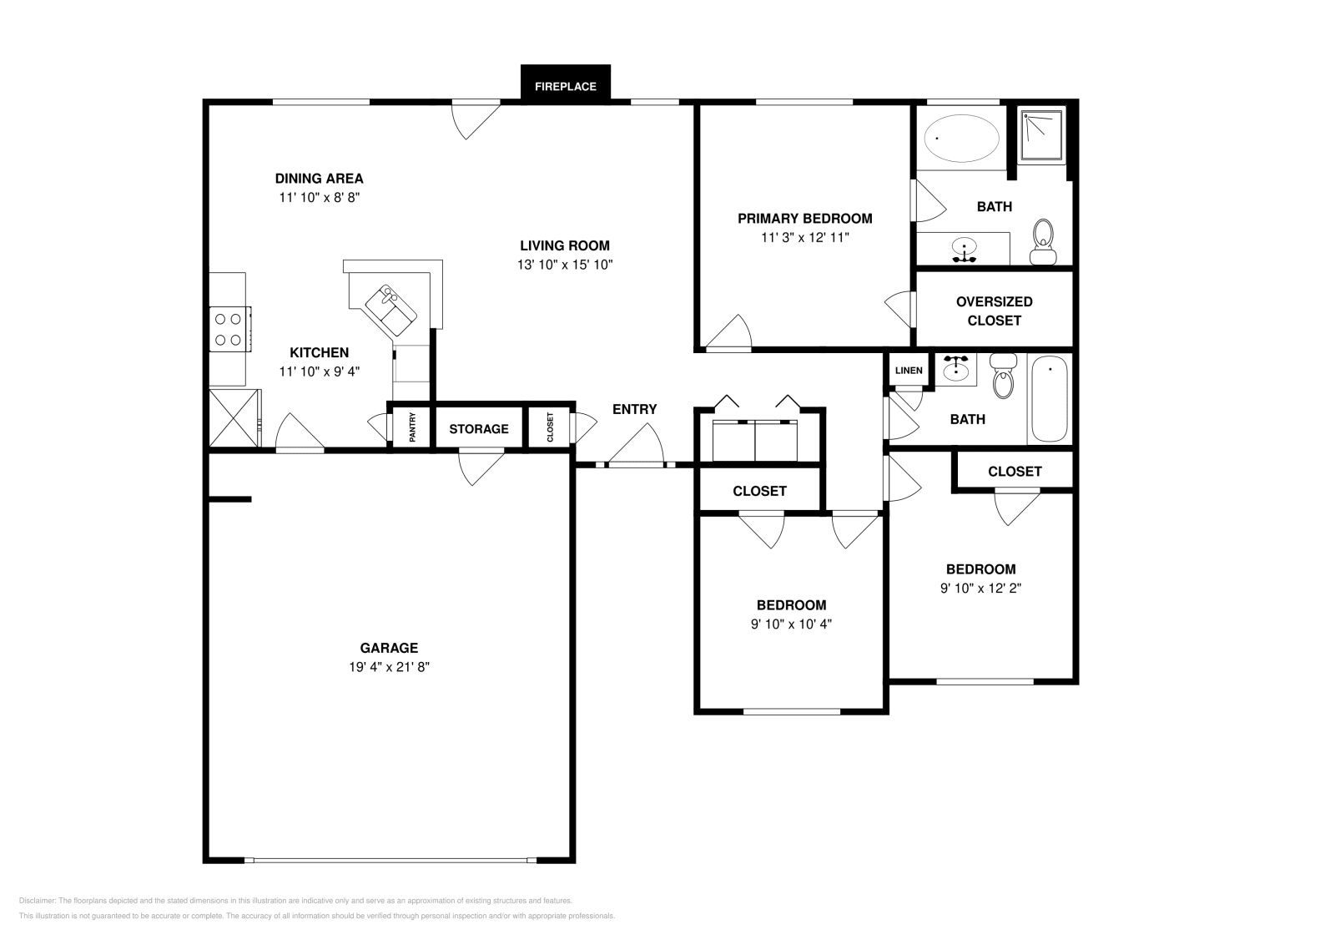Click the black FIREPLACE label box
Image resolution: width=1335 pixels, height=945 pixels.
pos(565,85)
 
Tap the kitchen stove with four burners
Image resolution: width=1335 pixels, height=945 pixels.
pos(229,328)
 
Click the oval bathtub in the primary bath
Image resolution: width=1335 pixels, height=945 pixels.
pos(962,139)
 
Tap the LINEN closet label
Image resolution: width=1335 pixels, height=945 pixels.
pos(909,371)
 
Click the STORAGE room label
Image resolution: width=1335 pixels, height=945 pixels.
pos(479,429)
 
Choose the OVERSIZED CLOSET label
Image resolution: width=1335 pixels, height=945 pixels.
pos(994,311)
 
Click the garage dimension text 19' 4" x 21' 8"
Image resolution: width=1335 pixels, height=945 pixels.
pos(389,667)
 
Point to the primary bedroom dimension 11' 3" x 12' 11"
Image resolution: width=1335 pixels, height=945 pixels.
pos(804,237)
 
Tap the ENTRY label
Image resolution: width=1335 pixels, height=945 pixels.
pos(634,409)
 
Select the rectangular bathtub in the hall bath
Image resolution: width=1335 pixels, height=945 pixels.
pos(1049,399)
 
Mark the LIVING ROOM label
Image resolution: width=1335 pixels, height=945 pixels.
pos(565,245)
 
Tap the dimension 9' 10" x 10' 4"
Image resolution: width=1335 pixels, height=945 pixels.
pos(791,624)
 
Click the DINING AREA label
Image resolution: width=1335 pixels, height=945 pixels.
pos(319,178)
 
